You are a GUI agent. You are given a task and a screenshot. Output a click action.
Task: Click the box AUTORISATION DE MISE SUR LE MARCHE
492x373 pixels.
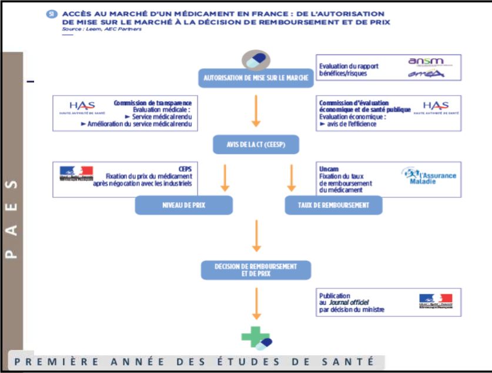256,78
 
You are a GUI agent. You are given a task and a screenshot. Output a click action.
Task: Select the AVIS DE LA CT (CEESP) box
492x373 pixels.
256,144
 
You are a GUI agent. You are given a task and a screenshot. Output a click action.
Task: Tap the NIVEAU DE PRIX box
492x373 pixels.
184,205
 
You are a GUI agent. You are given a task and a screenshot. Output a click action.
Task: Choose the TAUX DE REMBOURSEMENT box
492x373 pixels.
333,205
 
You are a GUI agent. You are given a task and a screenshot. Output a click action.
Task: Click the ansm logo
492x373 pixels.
426,61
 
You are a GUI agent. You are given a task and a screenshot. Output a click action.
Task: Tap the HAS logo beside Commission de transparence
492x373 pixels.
82,107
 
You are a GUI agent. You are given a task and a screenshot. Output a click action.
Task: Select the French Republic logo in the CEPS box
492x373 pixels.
76,172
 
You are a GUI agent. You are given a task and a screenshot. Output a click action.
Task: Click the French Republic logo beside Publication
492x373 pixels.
436,301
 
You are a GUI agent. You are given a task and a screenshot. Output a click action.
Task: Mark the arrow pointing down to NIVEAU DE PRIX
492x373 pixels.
225,178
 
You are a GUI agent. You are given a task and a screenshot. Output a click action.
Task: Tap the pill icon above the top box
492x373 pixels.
256,59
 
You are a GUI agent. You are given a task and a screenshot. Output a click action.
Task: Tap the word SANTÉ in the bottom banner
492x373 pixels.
354,361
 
